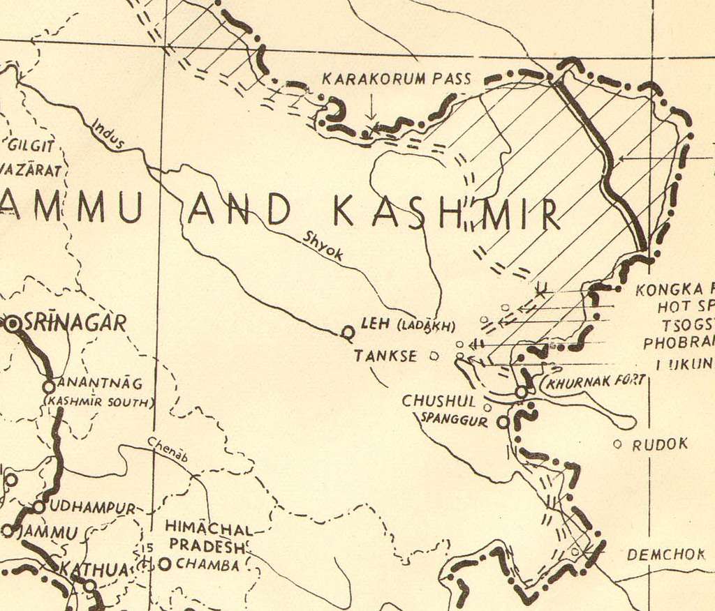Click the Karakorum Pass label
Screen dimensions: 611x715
(x=396, y=79)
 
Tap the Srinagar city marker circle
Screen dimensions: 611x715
(x=13, y=324)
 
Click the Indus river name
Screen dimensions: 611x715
(x=108, y=134)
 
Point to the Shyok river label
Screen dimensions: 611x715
(x=323, y=246)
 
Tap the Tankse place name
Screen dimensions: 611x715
(x=385, y=356)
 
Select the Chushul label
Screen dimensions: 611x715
(x=438, y=401)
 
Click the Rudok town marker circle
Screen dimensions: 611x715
(x=617, y=444)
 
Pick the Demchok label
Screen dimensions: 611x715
(x=665, y=555)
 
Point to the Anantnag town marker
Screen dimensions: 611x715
(x=49, y=386)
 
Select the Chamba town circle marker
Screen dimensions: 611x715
(x=165, y=564)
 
